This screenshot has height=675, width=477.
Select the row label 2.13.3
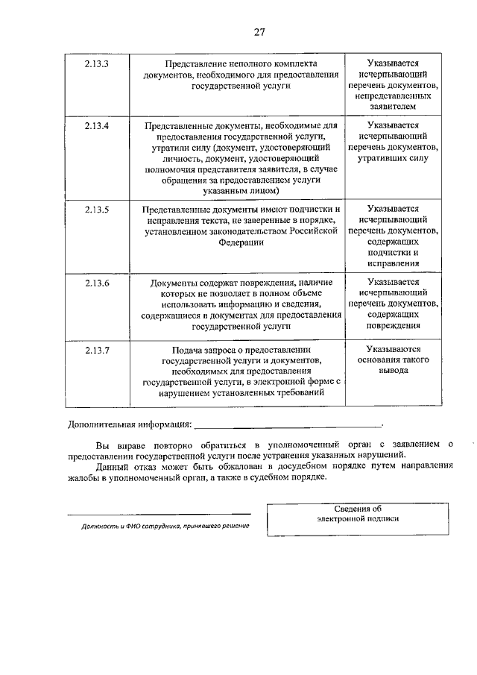[97, 64]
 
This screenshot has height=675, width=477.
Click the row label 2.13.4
[97, 126]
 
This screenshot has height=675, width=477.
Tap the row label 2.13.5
[97, 210]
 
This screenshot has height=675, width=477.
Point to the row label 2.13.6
[97, 283]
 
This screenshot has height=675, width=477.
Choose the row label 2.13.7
[97, 350]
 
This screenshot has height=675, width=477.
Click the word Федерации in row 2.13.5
[241, 242]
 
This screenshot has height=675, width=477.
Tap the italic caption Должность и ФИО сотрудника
[165, 526]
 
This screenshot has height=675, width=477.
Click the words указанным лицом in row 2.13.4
[241, 191]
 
